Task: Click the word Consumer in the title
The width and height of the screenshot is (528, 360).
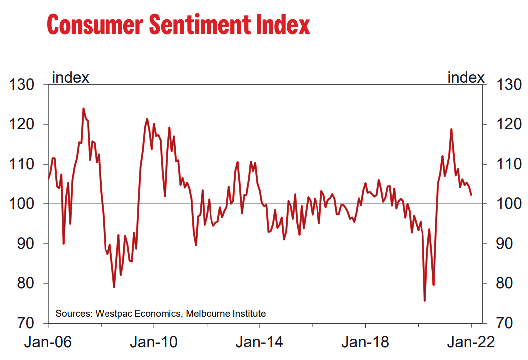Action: pos(89,25)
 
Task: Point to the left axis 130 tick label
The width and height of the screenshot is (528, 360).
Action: pos(23,85)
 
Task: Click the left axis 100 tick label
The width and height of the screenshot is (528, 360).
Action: pos(23,204)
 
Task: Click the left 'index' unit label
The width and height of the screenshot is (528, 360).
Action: pos(71,78)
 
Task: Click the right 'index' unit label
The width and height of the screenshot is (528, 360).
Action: pos(466,78)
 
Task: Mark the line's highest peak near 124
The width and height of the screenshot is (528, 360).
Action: pos(83,108)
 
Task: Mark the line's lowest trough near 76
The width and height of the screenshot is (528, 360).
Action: pos(425,300)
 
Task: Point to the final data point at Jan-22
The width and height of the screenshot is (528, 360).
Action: pos(471,194)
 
